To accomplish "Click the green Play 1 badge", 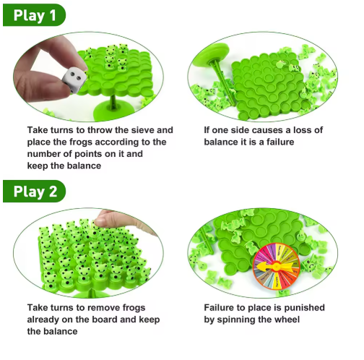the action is coord(34,15).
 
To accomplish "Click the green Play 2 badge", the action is coord(34,192).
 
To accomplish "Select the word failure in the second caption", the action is coord(280,142).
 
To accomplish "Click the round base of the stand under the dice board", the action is coord(111,111).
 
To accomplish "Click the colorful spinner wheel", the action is coord(276,266).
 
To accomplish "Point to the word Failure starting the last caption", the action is coord(219,308).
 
